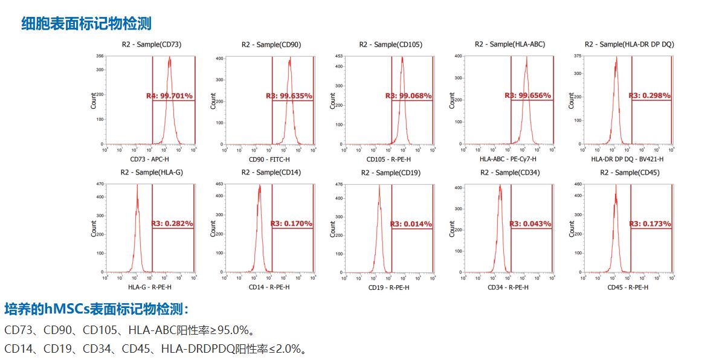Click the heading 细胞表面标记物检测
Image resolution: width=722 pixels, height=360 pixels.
[x=86, y=24]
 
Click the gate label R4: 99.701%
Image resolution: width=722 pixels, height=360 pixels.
[x=169, y=96]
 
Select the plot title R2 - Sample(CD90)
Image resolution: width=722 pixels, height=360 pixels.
[x=271, y=45]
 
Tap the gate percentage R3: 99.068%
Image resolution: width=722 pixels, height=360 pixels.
[x=408, y=96]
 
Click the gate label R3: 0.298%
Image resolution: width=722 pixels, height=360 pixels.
[x=649, y=95]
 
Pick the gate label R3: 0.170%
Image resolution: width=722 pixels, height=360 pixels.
[x=291, y=223]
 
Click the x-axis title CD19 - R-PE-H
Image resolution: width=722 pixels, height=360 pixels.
[x=388, y=288]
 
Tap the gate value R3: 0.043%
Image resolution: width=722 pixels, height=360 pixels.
[x=530, y=224]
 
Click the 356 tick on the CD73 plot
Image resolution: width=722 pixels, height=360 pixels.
[x=100, y=56]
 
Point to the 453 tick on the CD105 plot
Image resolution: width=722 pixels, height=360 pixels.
[x=339, y=56]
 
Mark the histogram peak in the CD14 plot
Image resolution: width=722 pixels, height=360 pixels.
[x=260, y=186]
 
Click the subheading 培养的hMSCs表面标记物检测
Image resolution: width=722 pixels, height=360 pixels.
[x=97, y=310]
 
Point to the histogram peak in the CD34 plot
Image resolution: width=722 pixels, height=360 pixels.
[x=500, y=187]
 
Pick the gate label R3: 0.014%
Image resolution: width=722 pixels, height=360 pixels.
[x=411, y=224]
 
